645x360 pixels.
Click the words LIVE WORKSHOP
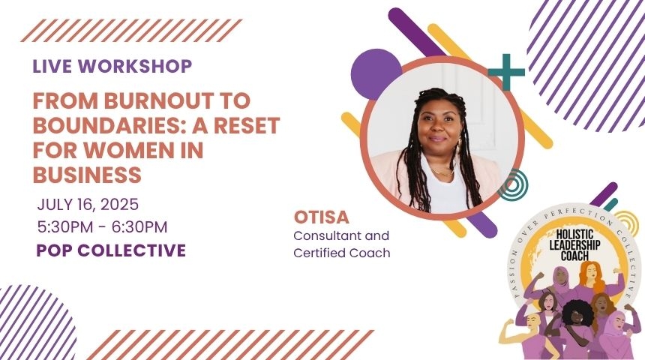click(x=112, y=66)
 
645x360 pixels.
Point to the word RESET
click(x=247, y=125)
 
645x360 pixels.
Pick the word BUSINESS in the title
click(x=87, y=175)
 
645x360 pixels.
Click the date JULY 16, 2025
click(x=88, y=205)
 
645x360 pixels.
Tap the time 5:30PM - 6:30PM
click(x=103, y=227)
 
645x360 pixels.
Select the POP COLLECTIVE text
click(x=111, y=250)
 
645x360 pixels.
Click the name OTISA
click(x=321, y=217)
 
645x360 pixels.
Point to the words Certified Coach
click(x=342, y=253)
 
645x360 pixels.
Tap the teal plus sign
click(x=506, y=72)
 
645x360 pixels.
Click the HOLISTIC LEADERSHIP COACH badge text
click(x=574, y=245)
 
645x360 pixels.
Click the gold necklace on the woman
click(x=442, y=172)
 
